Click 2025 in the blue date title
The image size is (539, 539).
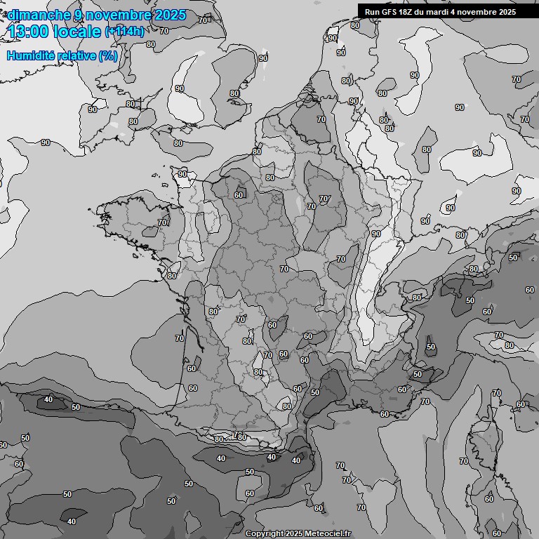coord(171,15)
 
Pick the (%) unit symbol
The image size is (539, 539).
coord(108,55)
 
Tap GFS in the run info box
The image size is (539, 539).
coord(390,12)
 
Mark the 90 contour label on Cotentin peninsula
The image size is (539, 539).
coord(182,174)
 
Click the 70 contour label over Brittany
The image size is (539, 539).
coord(163,222)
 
